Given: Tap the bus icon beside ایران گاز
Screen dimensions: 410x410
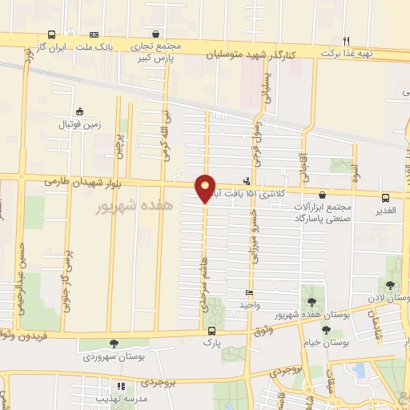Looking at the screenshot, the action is (52, 35).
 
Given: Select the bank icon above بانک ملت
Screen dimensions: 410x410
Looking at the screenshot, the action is (94, 35).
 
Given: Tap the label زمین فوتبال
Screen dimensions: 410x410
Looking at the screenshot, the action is (78, 125).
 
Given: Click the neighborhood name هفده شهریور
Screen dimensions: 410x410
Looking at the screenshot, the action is (134, 207).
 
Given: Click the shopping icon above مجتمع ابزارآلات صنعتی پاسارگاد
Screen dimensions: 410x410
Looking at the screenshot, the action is (322, 195).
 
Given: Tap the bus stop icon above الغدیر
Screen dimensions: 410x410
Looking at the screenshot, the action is (386, 197).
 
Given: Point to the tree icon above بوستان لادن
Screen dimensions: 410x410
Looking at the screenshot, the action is (390, 284).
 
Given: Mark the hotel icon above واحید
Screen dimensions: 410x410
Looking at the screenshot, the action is (249, 293).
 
